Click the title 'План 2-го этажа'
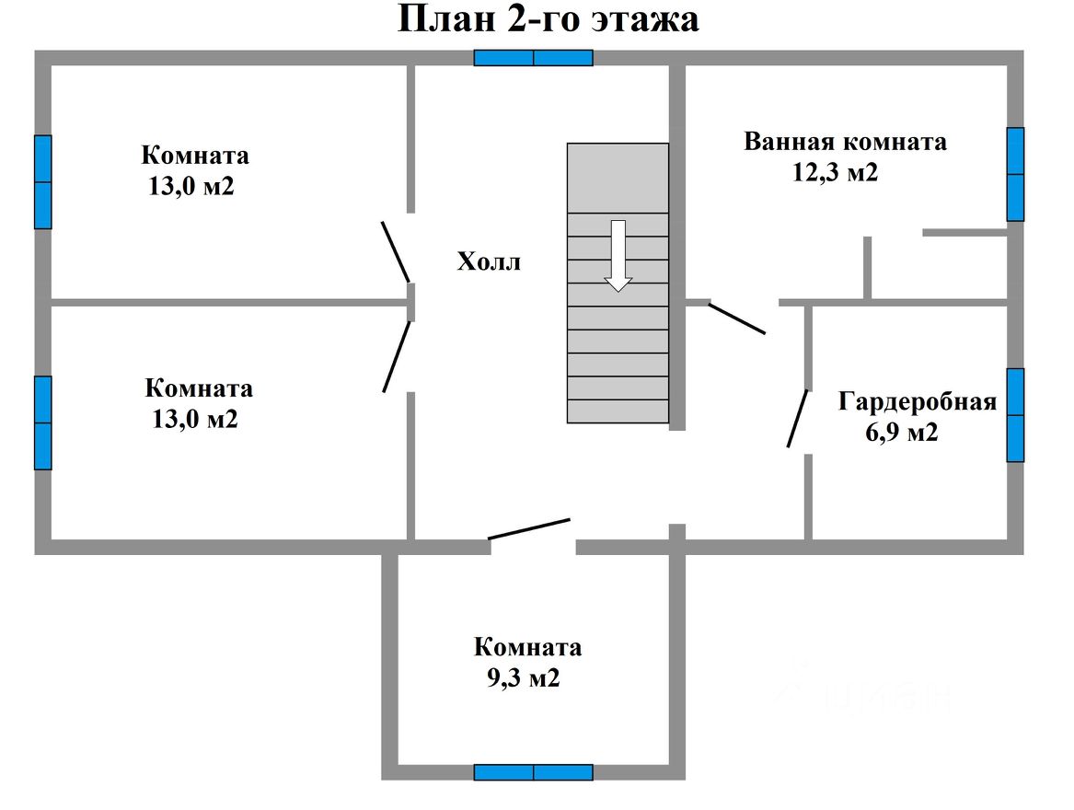tap(548, 19)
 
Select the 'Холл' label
tap(489, 262)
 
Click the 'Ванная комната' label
tap(845, 143)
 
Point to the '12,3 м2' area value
tap(835, 172)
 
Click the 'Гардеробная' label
tap(918, 402)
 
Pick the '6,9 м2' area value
tap(901, 432)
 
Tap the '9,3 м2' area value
tap(523, 679)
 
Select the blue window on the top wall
tap(534, 58)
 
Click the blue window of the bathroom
tap(1015, 174)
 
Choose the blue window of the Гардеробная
tap(1015, 415)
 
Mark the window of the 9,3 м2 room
tap(534, 772)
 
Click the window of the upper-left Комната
tap(42, 182)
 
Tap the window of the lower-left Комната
tap(42, 422)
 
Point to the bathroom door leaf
tap(736, 318)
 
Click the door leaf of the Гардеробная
tap(798, 419)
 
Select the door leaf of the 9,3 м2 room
tap(529, 528)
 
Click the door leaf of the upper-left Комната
tap(396, 250)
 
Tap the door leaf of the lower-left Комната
tap(397, 356)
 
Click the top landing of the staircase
tap(618, 178)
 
